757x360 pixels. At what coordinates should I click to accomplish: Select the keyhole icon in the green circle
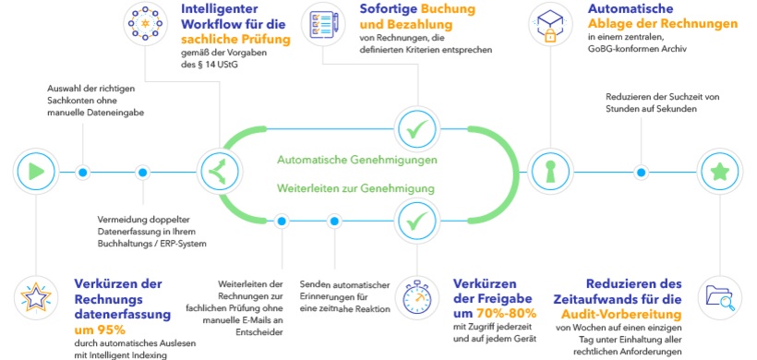click(550, 172)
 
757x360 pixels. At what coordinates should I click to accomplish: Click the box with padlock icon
click(550, 24)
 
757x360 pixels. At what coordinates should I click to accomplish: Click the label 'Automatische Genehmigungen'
click(356, 160)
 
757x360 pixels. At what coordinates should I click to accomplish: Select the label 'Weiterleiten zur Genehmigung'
click(356, 189)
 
